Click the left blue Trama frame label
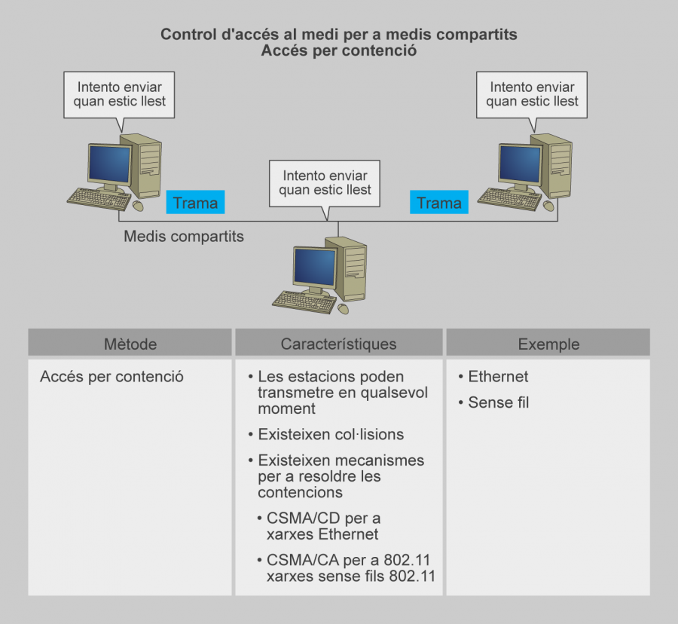[x=195, y=202]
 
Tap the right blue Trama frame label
[x=438, y=202]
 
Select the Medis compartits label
[x=184, y=237]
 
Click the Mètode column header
[x=130, y=344]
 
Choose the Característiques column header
[x=338, y=344]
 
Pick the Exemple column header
[x=548, y=344]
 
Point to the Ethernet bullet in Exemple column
[x=498, y=377]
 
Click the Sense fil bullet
[x=498, y=403]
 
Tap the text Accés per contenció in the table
[x=111, y=377]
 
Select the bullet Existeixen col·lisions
[x=330, y=434]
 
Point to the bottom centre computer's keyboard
[x=304, y=301]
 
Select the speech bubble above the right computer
[x=532, y=94]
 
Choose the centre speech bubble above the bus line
[x=325, y=182]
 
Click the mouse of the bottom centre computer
[x=344, y=309]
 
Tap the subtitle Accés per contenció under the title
[x=338, y=51]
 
